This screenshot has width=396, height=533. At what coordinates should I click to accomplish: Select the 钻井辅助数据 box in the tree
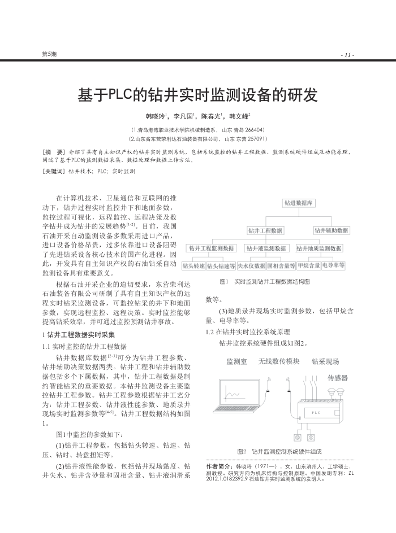coord(332,230)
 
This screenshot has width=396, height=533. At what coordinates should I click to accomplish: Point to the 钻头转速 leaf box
coord(193,265)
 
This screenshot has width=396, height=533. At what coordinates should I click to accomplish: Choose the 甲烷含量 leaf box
coord(309,265)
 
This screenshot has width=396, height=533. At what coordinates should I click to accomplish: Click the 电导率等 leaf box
coord(334,265)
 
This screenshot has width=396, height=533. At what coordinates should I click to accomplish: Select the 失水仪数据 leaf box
coord(250,265)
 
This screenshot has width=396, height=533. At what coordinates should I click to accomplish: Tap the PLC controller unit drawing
coord(317,413)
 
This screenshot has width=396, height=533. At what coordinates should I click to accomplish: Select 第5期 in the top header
coord(49,54)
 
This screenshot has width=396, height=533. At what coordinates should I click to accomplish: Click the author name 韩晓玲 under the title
coord(154,117)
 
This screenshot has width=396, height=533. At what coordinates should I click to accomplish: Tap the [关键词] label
coord(54,171)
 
